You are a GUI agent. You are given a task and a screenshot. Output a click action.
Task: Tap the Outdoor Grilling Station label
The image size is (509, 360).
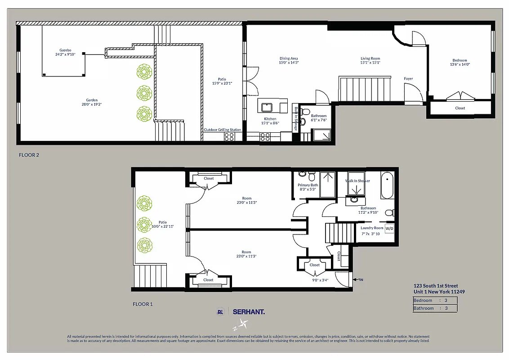(222, 130)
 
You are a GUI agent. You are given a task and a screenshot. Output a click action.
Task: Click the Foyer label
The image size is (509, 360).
(408, 79)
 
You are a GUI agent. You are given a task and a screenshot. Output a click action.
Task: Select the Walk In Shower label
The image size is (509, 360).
(357, 181)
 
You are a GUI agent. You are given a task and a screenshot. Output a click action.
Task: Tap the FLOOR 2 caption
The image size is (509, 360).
(29, 155)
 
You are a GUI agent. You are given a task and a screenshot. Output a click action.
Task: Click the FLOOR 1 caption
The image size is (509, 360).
(143, 304)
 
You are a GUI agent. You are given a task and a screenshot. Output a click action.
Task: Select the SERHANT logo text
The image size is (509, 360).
(249, 311)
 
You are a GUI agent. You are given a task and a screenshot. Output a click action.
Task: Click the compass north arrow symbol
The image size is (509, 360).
(244, 323)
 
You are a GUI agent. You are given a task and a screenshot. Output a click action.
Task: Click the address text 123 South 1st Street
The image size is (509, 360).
(436, 285)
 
